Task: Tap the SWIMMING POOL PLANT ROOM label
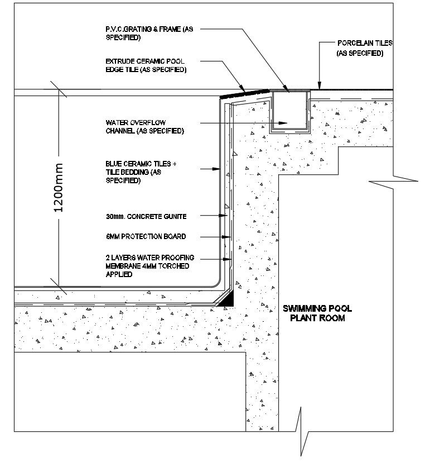point(317,313)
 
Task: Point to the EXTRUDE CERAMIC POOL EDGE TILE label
point(146,66)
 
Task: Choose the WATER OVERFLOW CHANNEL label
point(144,126)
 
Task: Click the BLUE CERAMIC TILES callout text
point(141,172)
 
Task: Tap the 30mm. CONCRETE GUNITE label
point(146,216)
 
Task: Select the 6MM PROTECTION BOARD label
point(146,236)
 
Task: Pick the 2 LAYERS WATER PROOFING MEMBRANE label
point(149,266)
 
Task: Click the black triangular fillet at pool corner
point(227,301)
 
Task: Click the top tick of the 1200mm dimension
point(58,89)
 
